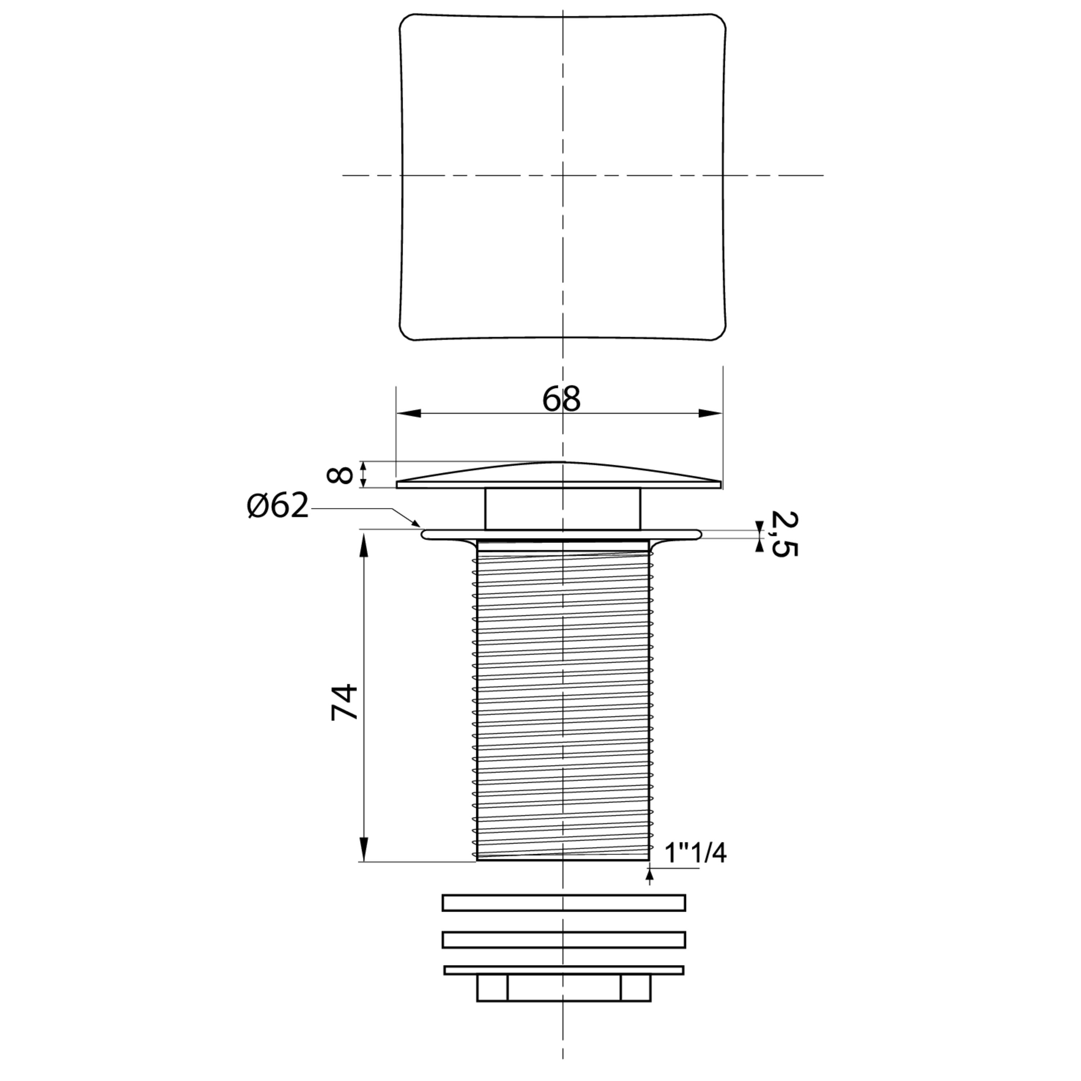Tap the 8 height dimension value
click(340, 475)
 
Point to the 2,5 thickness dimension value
click(784, 534)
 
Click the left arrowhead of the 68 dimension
click(409, 414)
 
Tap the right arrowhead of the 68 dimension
click(709, 414)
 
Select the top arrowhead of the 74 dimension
click(364, 545)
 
